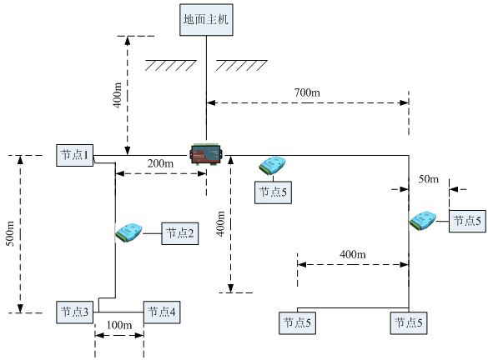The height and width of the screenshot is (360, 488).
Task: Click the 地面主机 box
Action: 206,20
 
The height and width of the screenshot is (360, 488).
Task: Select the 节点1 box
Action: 75,155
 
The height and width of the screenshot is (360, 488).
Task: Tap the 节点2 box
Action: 180,233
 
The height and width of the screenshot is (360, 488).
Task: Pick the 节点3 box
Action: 75,312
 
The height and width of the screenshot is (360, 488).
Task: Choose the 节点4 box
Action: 162,312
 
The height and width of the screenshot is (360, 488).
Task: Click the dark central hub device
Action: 206,154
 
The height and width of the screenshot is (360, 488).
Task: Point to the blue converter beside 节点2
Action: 128,232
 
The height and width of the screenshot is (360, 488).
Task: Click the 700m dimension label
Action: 307,92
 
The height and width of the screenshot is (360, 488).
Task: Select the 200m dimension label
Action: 160,163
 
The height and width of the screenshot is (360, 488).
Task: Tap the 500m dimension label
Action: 10,233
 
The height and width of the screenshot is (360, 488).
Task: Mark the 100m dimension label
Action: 119,325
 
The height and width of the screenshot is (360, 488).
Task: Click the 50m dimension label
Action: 429,179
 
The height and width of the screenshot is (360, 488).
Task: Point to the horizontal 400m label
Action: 353,254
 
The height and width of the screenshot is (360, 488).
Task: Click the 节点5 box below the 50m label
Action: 467,221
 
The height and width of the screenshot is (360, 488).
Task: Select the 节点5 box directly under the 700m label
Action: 297,323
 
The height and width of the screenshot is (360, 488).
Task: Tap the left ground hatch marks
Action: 170,65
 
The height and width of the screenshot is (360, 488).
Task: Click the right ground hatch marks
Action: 242,65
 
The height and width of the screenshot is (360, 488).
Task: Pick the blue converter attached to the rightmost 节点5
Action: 423,220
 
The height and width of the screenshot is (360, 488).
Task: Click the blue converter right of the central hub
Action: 272,165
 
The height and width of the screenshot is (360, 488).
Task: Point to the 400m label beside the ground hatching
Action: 118,95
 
